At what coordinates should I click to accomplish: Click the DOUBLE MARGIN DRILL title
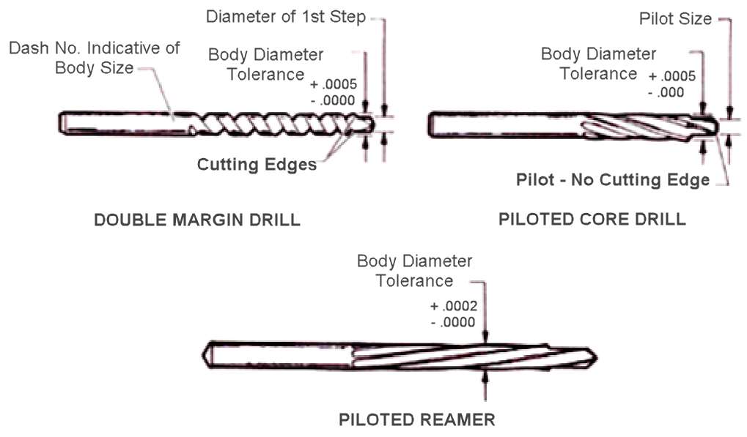click(x=197, y=220)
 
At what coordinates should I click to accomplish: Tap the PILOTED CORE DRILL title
click(x=592, y=219)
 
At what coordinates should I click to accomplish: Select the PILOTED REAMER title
click(x=416, y=419)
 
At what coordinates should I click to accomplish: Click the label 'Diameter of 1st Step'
click(x=285, y=17)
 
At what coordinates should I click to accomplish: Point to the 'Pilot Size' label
click(x=675, y=19)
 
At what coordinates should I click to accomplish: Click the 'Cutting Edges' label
click(x=257, y=164)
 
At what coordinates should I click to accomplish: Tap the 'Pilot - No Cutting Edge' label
click(x=613, y=179)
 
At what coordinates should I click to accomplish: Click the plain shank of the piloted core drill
click(x=498, y=124)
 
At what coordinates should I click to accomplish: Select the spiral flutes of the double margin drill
click(x=271, y=123)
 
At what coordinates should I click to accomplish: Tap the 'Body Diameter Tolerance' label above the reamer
click(x=414, y=271)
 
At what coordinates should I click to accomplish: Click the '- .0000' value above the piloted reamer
click(x=454, y=321)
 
